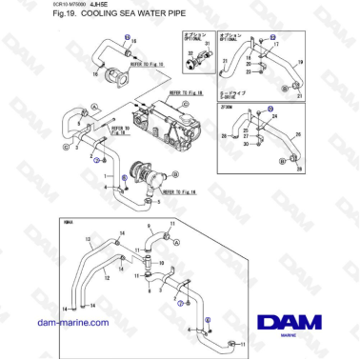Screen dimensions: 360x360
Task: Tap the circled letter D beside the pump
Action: pyautogui.click(x=181, y=173)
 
